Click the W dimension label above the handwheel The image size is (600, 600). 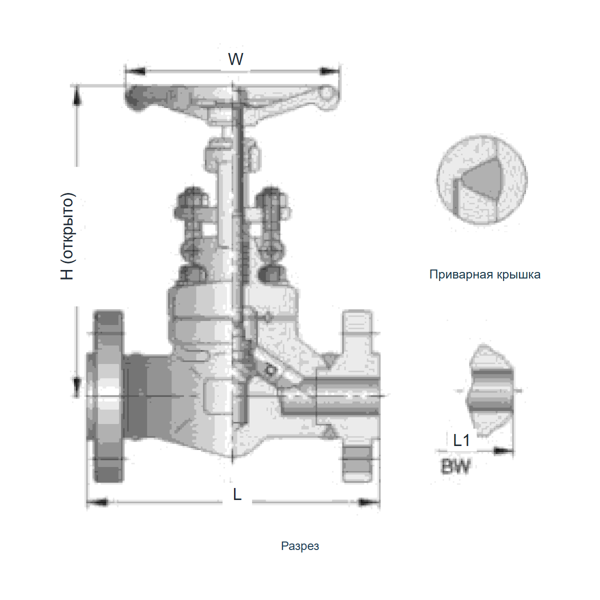pos(235,59)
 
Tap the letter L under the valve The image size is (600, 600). pos(237,494)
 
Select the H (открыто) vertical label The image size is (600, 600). pos(67,236)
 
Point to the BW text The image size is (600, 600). pos(455,466)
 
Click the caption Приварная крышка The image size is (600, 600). pos(485,274)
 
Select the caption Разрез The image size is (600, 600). pos(300,546)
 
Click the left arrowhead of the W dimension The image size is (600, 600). pos(135,71)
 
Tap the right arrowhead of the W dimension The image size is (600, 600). pos(329,71)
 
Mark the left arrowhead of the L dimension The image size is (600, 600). pos(97,502)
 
